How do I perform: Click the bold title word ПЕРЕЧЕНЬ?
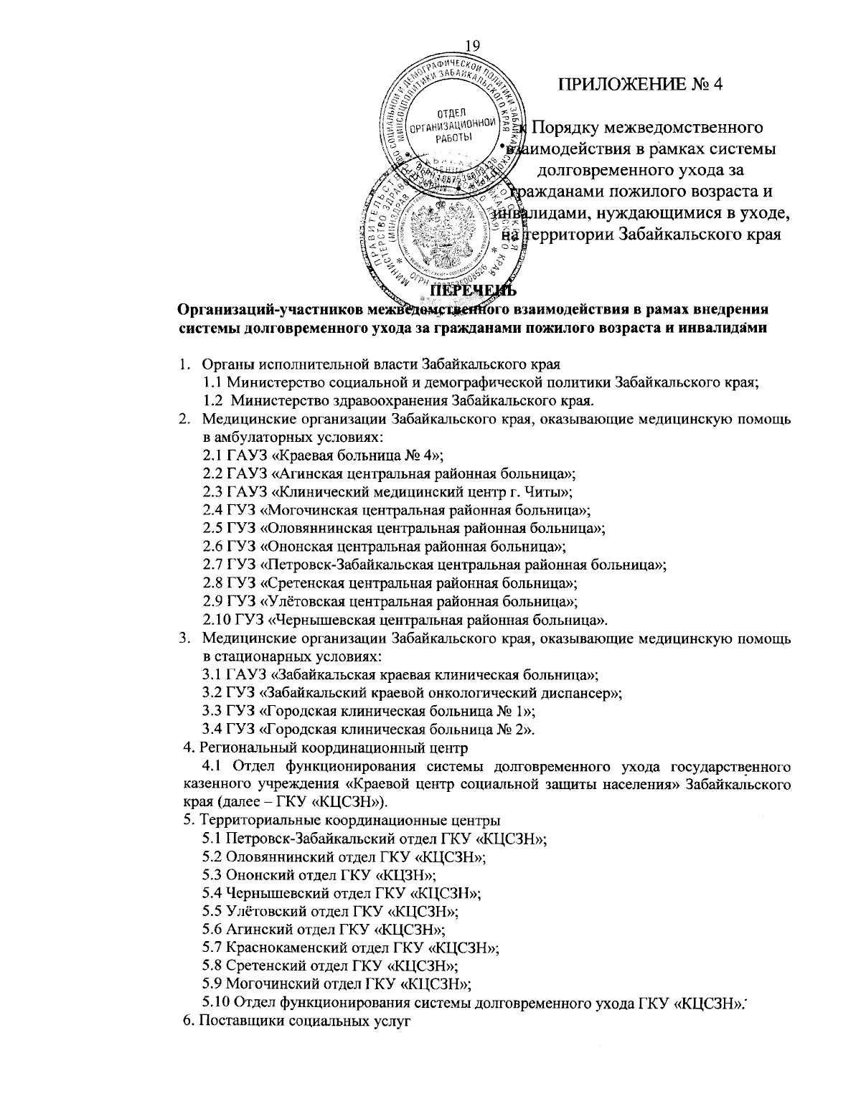click(x=473, y=291)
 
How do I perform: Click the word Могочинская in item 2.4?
click(x=311, y=510)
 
